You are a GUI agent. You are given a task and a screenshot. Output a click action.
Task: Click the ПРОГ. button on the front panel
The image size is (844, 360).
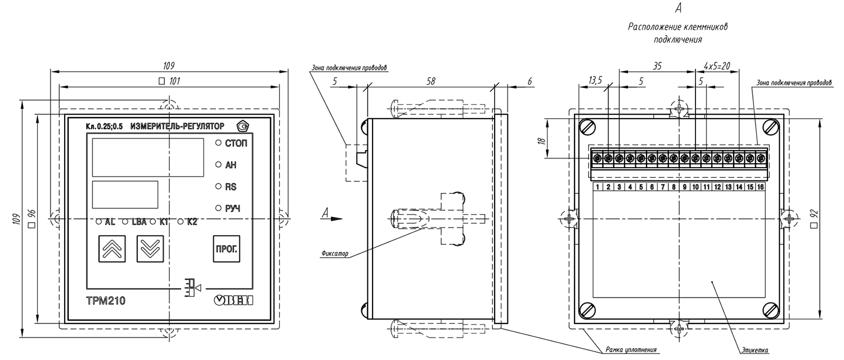pos(226,249)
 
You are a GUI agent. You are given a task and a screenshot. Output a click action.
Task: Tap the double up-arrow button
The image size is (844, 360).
pos(112,249)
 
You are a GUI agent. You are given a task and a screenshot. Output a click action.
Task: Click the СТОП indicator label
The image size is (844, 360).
pos(236,143)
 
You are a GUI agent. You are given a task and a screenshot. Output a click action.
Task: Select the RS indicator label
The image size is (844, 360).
pos(231,187)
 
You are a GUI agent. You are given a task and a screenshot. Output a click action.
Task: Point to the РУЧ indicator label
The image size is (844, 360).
pos(232,208)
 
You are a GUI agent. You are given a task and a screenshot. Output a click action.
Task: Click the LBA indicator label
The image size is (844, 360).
pos(139,222)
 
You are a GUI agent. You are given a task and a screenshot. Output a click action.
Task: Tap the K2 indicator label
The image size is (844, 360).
pos(192,222)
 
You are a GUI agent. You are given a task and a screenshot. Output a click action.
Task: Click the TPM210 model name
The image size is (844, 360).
pos(106,301)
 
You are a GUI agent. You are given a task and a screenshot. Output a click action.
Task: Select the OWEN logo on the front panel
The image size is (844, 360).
pos(234,300)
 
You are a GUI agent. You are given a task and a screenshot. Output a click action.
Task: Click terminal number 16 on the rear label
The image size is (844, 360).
pos(760,187)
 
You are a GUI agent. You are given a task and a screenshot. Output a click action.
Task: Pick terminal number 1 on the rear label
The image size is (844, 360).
pos(598,187)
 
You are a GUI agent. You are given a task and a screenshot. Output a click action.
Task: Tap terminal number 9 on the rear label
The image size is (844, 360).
pos(685,187)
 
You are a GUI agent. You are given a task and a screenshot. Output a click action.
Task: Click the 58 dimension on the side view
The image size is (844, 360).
pos(430,81)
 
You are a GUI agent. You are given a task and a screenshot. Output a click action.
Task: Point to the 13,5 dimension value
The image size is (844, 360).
pos(595,80)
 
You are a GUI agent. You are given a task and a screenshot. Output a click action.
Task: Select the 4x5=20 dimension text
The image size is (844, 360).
pos(717,66)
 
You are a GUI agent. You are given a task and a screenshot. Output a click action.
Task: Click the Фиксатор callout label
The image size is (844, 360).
pos(335,254)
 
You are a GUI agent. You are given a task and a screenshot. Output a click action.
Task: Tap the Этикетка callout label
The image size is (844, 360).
pos(755,350)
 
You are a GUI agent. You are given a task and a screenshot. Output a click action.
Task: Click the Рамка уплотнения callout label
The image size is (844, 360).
pos(631,350)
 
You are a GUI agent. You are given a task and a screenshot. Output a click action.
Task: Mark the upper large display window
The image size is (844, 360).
pos(147,157)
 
